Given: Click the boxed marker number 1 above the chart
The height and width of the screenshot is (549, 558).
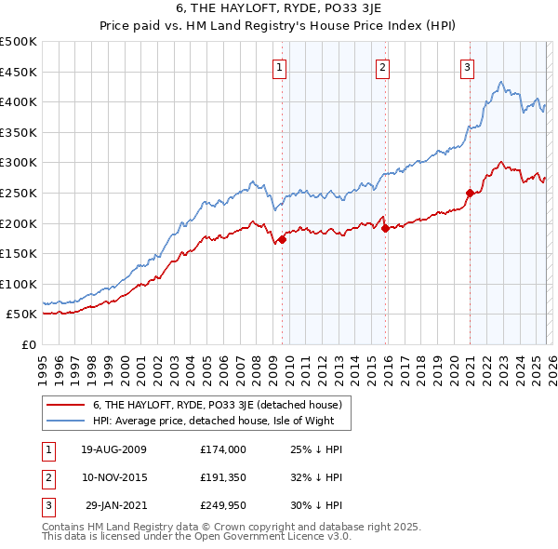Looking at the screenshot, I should [x=280, y=66].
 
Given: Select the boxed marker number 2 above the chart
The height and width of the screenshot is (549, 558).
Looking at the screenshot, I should [x=382, y=66].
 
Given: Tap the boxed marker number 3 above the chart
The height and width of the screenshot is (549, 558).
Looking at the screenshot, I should [x=467, y=66].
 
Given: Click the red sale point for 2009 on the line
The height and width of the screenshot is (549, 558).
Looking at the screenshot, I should [x=283, y=239].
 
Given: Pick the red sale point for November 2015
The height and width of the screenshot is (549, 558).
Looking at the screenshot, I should [x=384, y=228].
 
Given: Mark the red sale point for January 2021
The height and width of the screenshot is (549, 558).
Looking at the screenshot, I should [x=470, y=194].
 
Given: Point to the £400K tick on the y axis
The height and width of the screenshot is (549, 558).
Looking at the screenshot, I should [x=20, y=101].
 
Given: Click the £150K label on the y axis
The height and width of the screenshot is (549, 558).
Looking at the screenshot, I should [x=20, y=253].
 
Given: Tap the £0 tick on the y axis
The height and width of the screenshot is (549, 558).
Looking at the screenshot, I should [x=29, y=344].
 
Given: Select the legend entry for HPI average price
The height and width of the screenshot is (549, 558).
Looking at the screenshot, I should [x=220, y=422].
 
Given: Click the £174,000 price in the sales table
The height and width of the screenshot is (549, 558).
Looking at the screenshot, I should [x=222, y=449].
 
